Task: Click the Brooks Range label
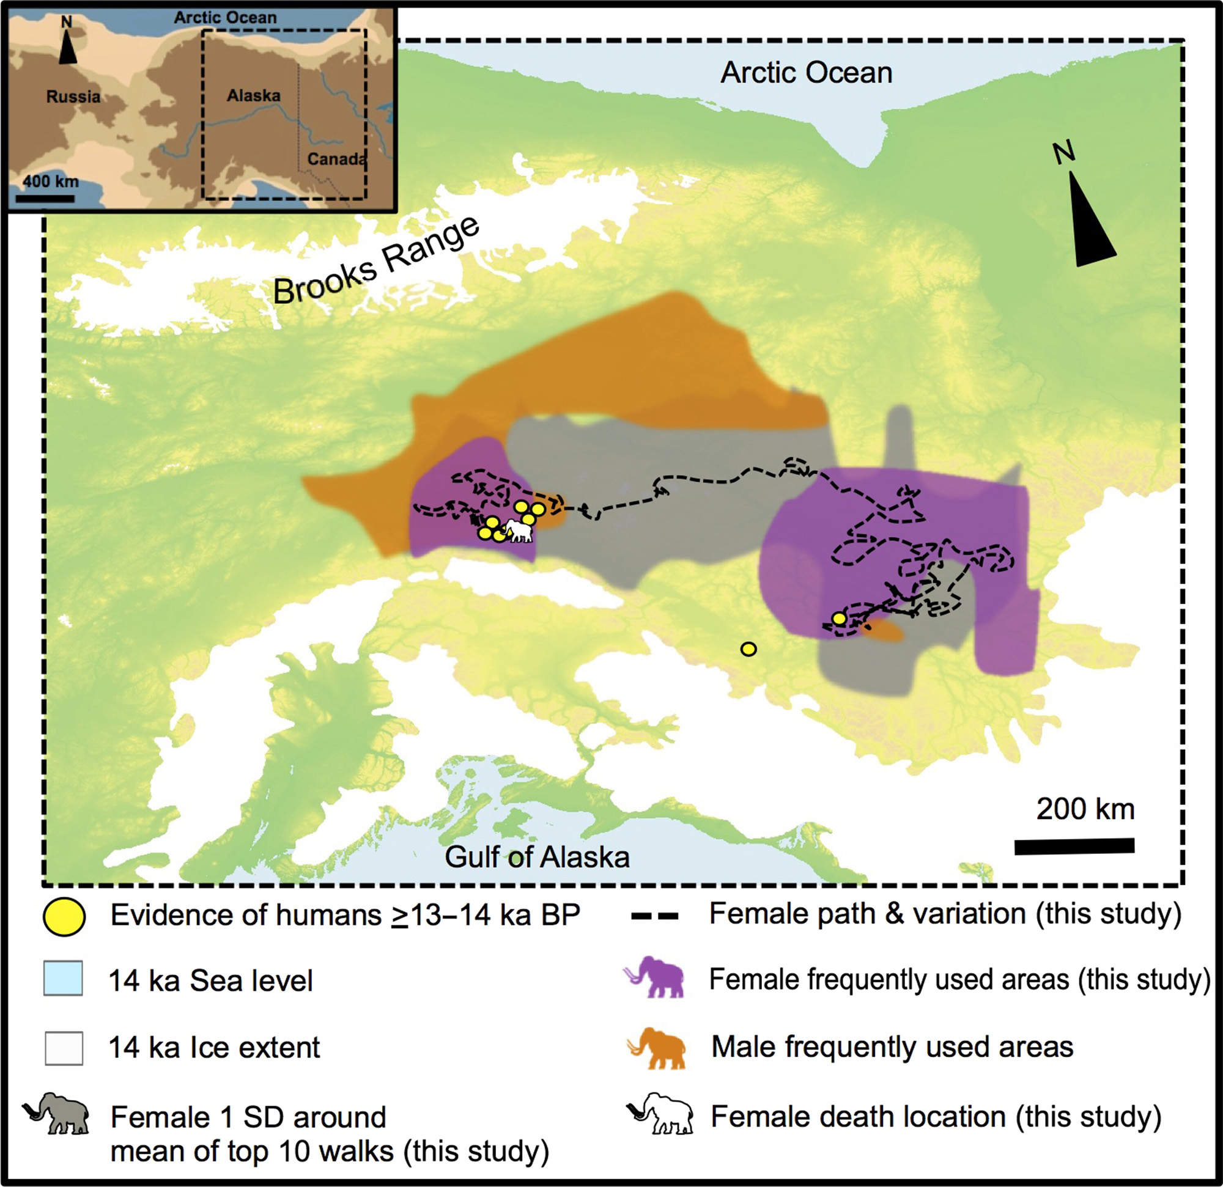point(377,262)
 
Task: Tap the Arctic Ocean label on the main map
point(806,73)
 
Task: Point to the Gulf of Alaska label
point(537,857)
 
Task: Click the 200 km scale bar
point(1074,847)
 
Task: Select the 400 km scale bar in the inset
point(45,199)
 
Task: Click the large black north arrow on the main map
point(1090,218)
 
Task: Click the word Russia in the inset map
point(73,97)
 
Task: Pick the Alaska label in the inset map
point(253,95)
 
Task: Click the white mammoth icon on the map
point(519,531)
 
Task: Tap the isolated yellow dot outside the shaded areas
point(748,649)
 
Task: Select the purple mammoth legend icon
point(654,977)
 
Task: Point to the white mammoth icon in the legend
point(661,1114)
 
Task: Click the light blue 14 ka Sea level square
point(63,978)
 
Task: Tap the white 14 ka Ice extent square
point(64,1048)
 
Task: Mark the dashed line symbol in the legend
point(654,916)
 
